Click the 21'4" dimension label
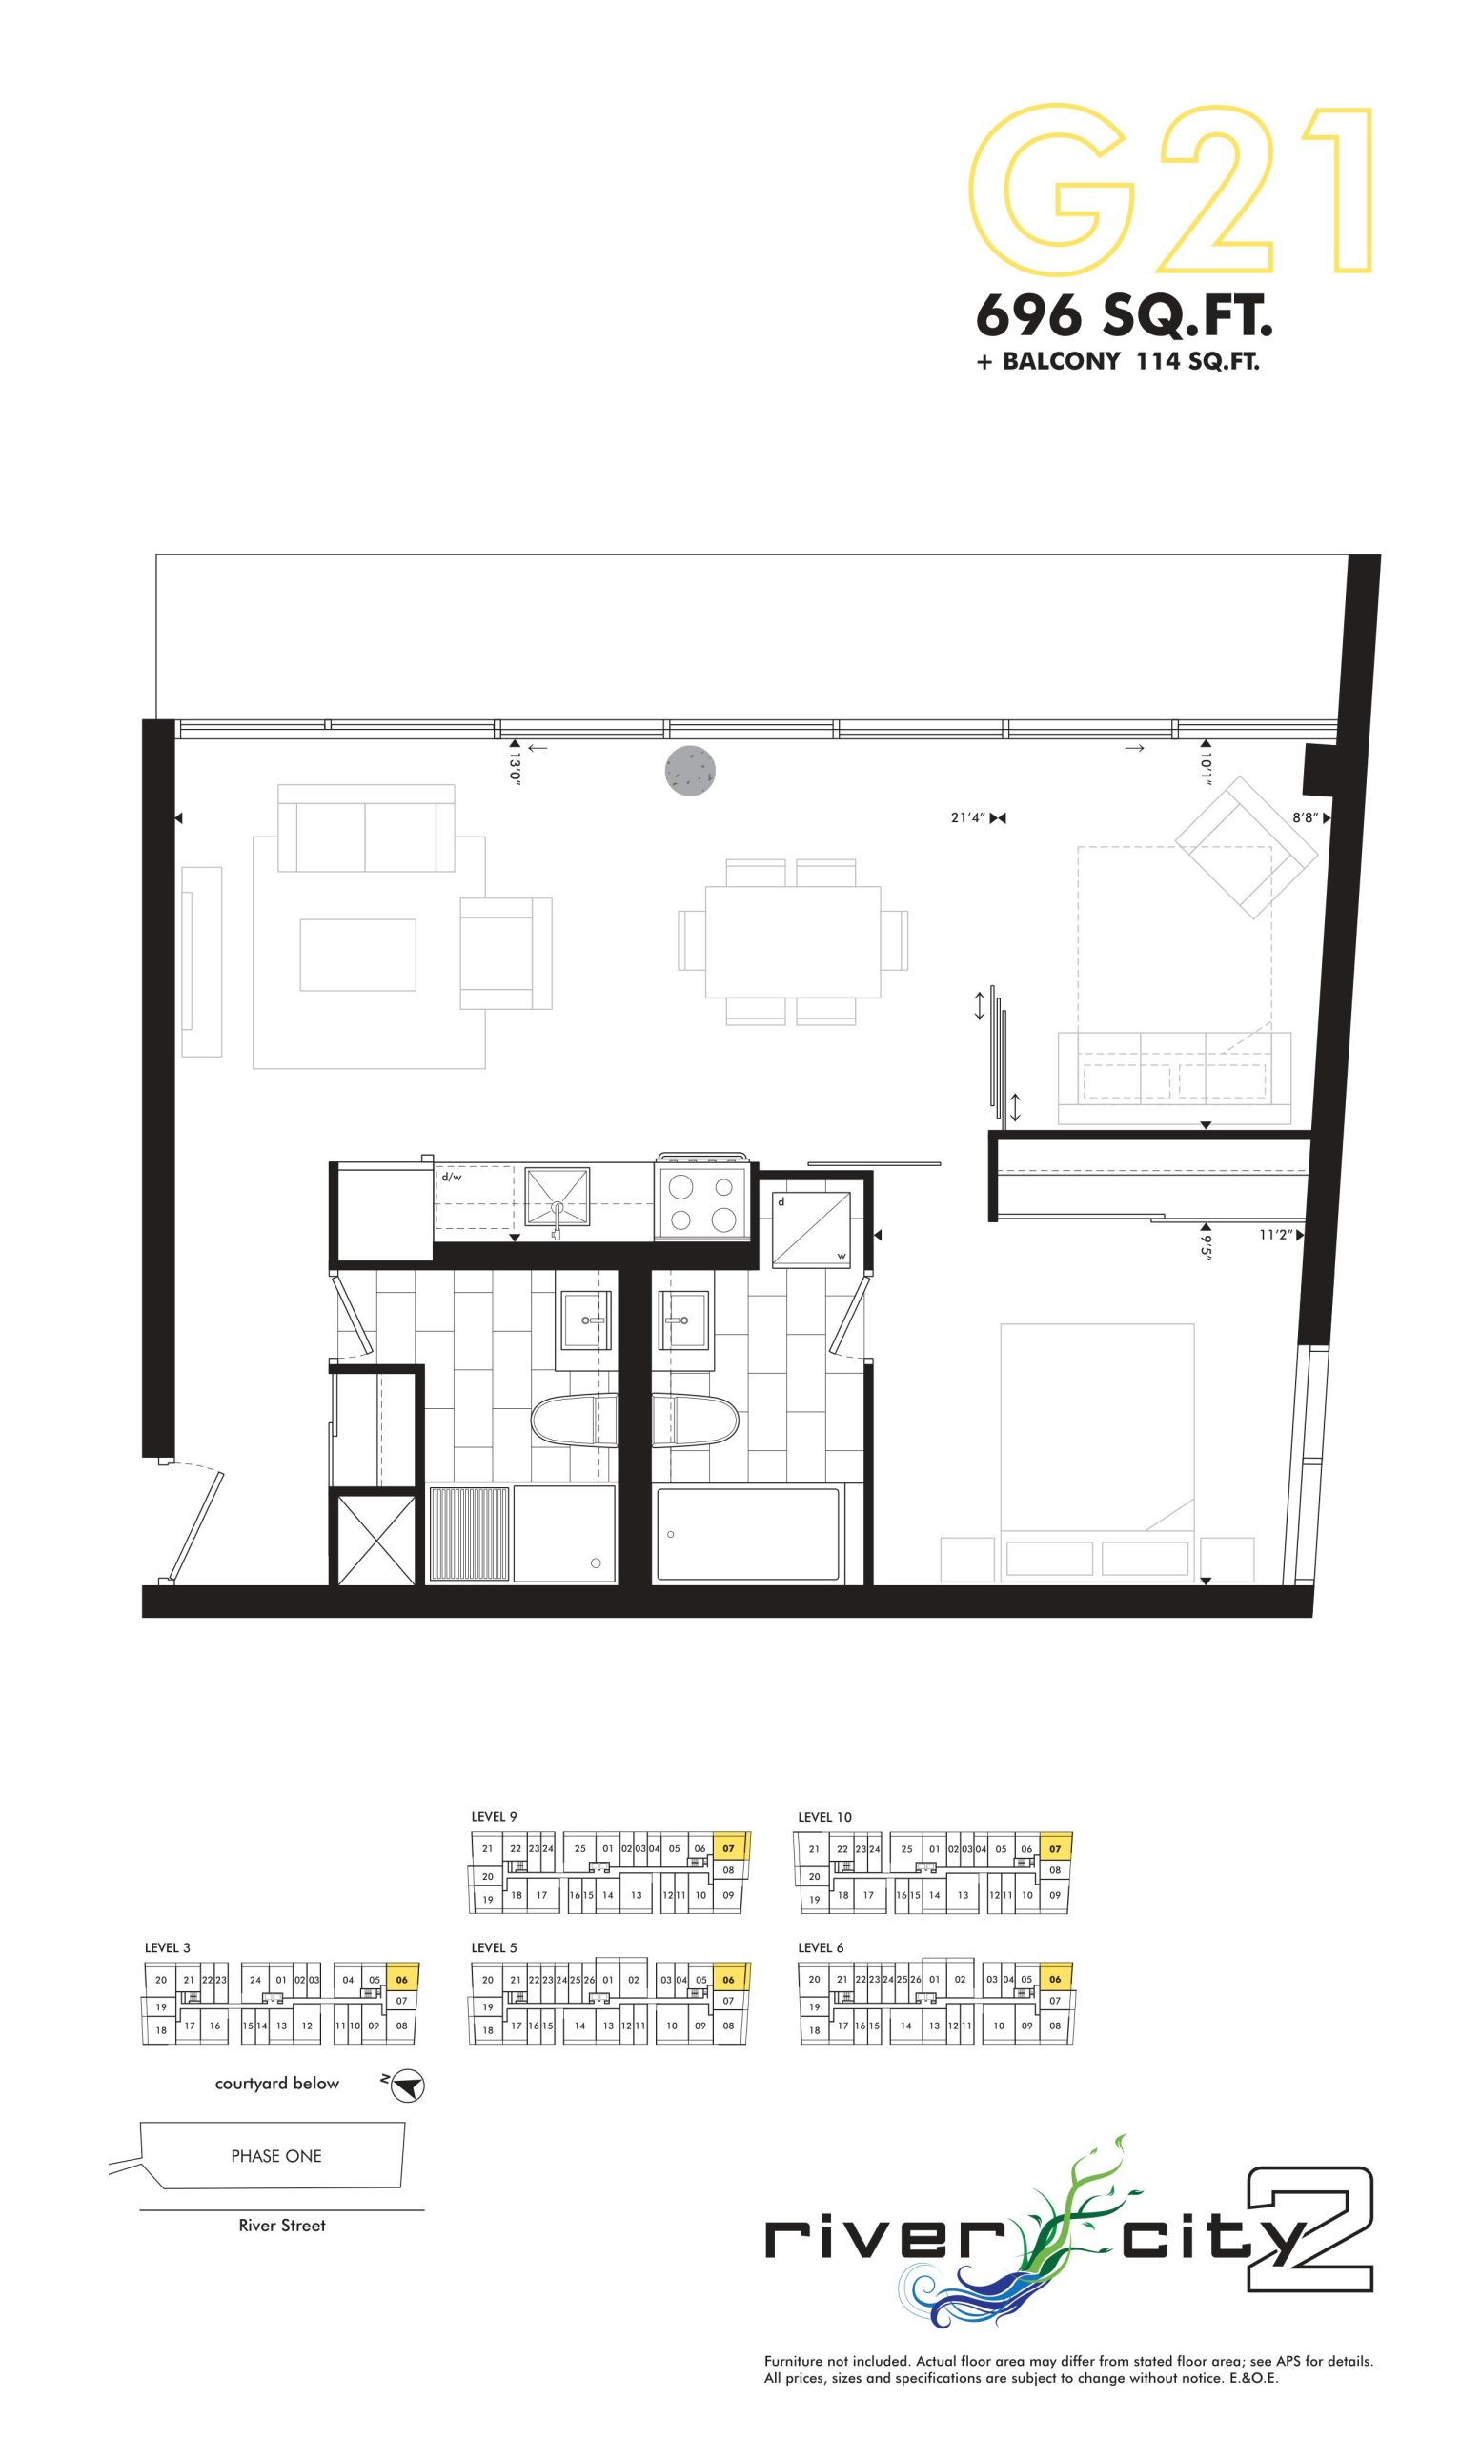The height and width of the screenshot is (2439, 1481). [x=967, y=817]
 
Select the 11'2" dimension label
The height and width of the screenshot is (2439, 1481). [x=1276, y=1235]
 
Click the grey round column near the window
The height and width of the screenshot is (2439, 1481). [x=690, y=770]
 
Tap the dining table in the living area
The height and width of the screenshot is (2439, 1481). [x=793, y=941]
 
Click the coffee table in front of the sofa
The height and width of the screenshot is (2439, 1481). [x=358, y=955]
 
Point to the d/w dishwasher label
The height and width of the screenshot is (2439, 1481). [x=452, y=1177]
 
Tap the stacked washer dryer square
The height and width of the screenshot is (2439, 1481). [x=812, y=1227]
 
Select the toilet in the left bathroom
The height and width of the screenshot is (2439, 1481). [x=574, y=1421]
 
